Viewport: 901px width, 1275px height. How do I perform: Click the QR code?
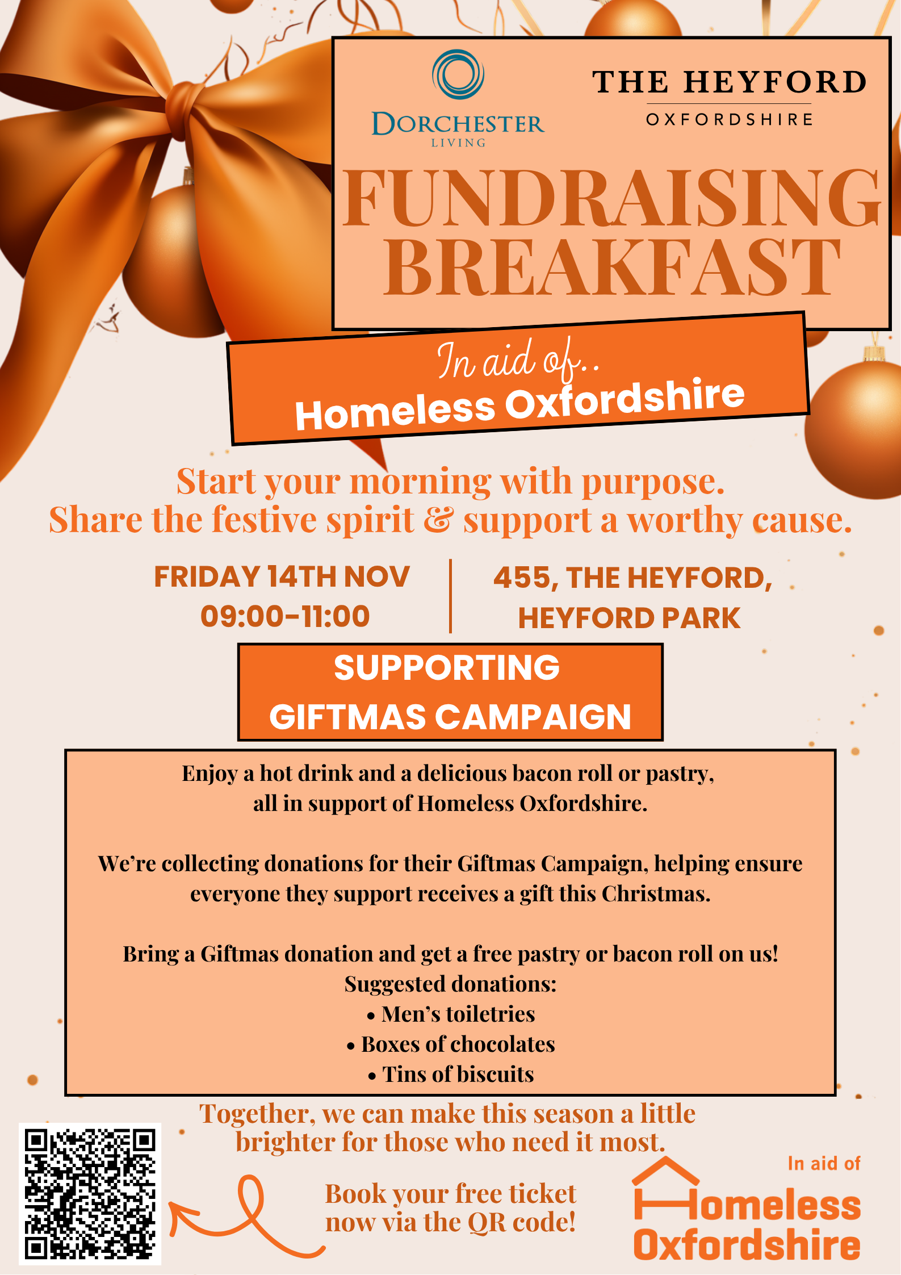(90, 1194)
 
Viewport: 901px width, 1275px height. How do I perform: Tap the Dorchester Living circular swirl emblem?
(458, 74)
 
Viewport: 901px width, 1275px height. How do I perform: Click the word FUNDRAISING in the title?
(611, 199)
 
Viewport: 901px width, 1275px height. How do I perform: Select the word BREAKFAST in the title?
(611, 267)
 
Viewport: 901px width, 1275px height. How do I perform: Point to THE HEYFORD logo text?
(730, 82)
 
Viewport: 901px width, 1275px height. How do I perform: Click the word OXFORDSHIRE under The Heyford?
(730, 119)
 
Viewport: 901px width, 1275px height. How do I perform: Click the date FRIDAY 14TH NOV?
(282, 576)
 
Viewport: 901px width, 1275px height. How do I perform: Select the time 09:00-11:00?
(285, 616)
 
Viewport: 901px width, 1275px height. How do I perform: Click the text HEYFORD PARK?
(629, 618)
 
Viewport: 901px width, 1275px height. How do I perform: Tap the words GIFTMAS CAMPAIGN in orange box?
(450, 717)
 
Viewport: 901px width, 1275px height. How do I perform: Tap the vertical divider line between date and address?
(450, 596)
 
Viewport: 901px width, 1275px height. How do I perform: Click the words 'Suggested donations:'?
(451, 984)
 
